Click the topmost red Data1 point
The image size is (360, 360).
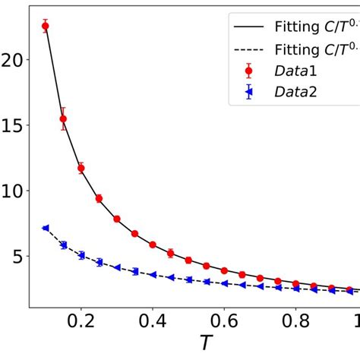pyautogui.click(x=45, y=26)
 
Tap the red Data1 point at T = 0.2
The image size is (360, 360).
pyautogui.click(x=81, y=168)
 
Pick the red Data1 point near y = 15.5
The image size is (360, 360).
pyautogui.click(x=63, y=118)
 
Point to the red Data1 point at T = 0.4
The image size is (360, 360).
pyautogui.click(x=153, y=245)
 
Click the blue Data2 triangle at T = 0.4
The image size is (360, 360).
pyautogui.click(x=153, y=275)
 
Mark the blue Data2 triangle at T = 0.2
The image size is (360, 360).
pyautogui.click(x=81, y=255)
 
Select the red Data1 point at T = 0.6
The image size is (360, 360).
pyautogui.click(x=224, y=270)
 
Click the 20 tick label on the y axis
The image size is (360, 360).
pyautogui.click(x=14, y=59)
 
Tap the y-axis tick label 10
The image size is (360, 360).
pyautogui.click(x=14, y=191)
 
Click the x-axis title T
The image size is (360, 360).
pyautogui.click(x=206, y=343)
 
